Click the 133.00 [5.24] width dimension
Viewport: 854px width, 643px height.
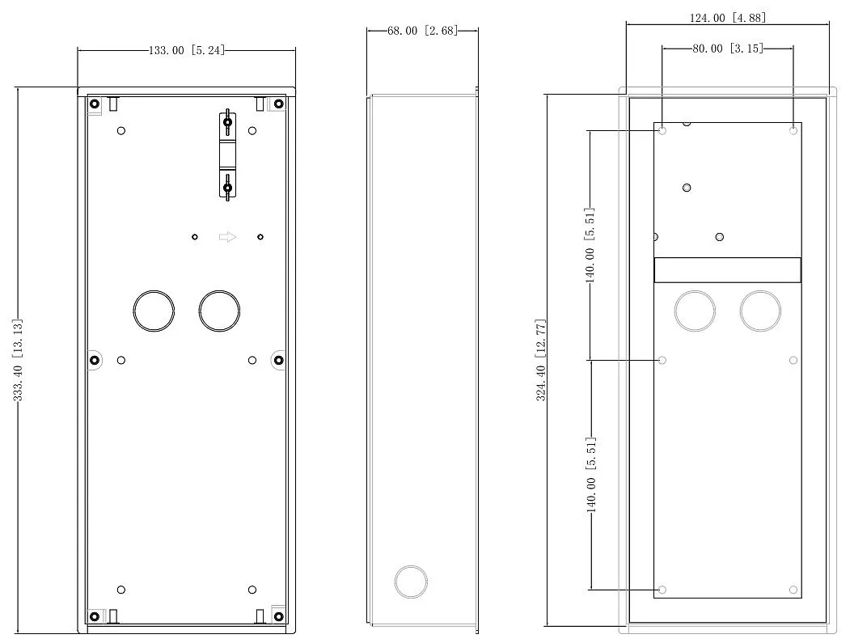click(186, 51)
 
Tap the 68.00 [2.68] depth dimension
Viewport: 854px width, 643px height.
click(423, 31)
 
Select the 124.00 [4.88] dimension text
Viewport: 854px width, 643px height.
click(728, 18)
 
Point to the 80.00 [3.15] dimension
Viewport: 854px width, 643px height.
click(728, 49)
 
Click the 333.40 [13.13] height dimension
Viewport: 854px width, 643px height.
click(18, 360)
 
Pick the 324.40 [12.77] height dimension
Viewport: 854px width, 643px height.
click(541, 360)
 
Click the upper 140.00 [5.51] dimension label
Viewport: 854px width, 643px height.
click(590, 245)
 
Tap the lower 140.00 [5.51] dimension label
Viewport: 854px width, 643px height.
click(590, 475)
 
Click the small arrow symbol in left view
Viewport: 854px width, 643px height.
click(228, 237)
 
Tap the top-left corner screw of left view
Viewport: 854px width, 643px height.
click(95, 104)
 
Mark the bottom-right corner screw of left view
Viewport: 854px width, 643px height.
click(278, 617)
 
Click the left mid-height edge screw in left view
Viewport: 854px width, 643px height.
click(95, 360)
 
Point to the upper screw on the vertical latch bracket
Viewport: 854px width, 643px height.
click(228, 122)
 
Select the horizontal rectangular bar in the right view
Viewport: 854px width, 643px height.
click(728, 269)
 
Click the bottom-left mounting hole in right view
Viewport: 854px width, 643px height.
click(662, 590)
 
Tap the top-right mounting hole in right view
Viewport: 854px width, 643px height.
click(793, 131)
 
